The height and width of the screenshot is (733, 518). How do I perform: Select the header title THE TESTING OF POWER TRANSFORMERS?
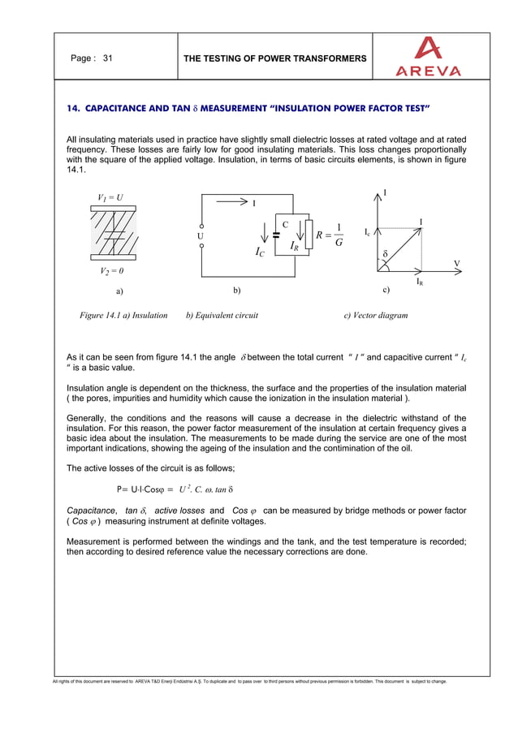275,58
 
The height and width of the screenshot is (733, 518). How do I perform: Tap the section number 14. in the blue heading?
73,108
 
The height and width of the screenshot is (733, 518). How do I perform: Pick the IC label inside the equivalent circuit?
259,253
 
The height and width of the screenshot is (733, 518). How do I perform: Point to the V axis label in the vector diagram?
456,263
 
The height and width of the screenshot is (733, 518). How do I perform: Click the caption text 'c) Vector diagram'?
376,315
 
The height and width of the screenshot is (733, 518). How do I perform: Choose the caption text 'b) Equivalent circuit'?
222,315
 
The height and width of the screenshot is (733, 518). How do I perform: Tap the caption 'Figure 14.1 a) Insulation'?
122,315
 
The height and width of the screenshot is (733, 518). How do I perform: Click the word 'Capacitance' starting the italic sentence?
90,510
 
